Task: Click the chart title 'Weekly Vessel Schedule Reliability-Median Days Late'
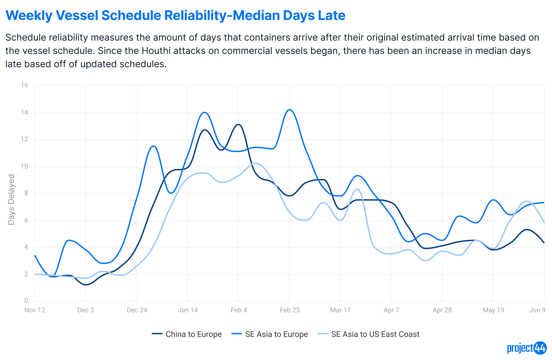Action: (176, 15)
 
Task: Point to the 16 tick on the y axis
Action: (24, 85)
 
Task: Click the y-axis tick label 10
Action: (24, 166)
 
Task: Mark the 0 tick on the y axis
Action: (26, 301)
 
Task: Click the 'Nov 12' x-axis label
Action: (35, 310)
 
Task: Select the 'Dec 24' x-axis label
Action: (137, 310)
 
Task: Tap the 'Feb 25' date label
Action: (290, 310)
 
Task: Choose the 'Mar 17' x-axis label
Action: (340, 310)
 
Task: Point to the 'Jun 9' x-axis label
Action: (537, 310)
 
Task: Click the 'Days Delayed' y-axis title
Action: (11, 200)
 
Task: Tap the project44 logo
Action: (526, 348)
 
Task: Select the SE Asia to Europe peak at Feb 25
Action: (290, 109)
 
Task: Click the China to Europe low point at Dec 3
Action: (86, 284)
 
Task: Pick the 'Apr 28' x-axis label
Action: (442, 310)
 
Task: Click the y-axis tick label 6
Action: (26, 220)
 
